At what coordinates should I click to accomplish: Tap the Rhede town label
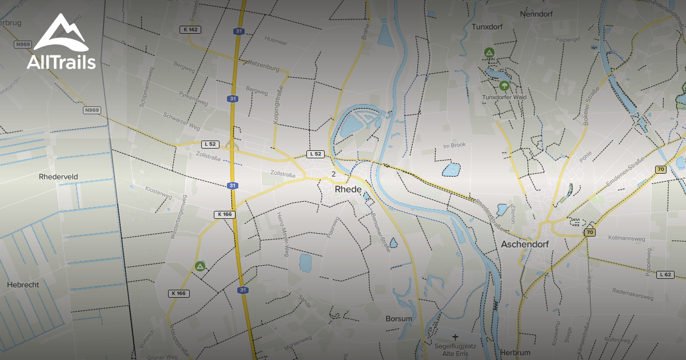point(348,189)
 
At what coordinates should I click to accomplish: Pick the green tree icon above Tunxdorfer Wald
point(504,86)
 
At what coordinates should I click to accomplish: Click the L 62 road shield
point(664,274)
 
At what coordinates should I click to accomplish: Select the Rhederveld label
point(58,177)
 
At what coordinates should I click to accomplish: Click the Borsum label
point(398,318)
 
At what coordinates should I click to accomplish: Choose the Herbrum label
point(515,353)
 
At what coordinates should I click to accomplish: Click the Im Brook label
point(454,145)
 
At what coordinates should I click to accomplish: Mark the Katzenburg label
point(262,68)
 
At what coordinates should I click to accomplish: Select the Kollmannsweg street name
point(627,237)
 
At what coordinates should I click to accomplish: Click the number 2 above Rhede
point(333,174)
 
